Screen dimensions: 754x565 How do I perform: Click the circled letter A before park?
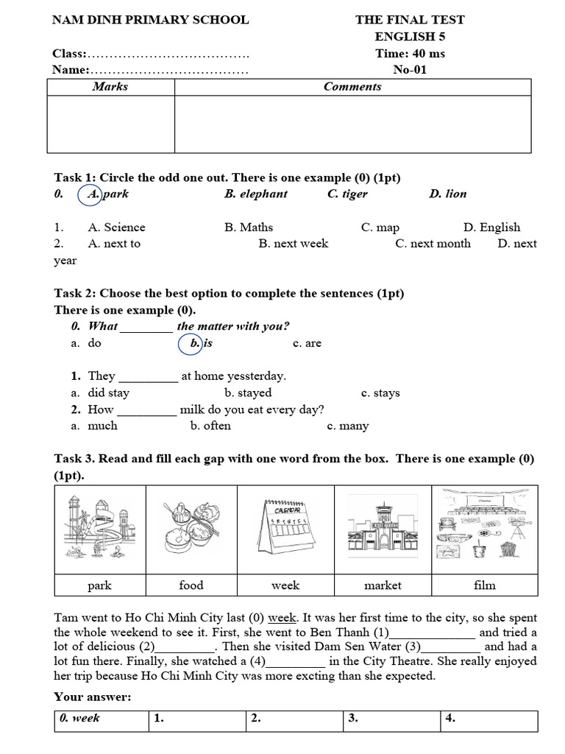point(92,194)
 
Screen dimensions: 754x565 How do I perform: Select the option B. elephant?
point(256,194)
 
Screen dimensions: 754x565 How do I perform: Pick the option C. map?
point(380,228)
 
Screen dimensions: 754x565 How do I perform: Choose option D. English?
point(491,228)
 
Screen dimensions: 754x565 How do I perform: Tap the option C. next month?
point(433,244)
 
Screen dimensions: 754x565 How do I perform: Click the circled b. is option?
point(194,343)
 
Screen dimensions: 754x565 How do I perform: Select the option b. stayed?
point(248,393)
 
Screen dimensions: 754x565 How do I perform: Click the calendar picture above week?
point(285,529)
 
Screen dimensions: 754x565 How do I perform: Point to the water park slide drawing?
point(99,529)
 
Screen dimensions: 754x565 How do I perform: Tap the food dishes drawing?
point(191,529)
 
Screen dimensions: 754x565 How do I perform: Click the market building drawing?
point(383,529)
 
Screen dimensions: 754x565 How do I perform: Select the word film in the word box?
point(485,585)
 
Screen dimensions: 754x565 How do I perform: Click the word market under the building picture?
point(383,585)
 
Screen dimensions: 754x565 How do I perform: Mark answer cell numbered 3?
point(391,720)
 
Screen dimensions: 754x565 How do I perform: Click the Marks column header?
point(110,87)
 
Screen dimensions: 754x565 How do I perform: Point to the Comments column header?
point(352,87)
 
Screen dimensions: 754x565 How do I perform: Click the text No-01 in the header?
point(410,71)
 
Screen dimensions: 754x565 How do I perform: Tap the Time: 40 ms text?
point(410,54)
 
